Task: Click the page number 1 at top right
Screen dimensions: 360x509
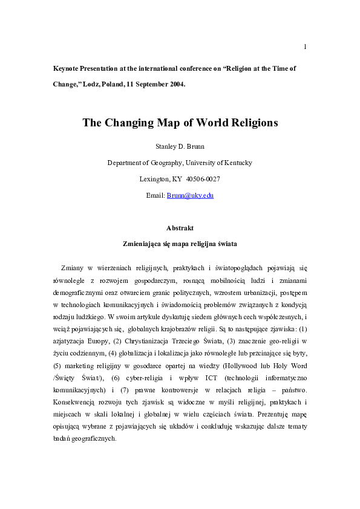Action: point(305,47)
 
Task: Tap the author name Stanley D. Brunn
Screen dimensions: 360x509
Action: point(180,146)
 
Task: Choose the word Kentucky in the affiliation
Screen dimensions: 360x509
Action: point(233,163)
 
